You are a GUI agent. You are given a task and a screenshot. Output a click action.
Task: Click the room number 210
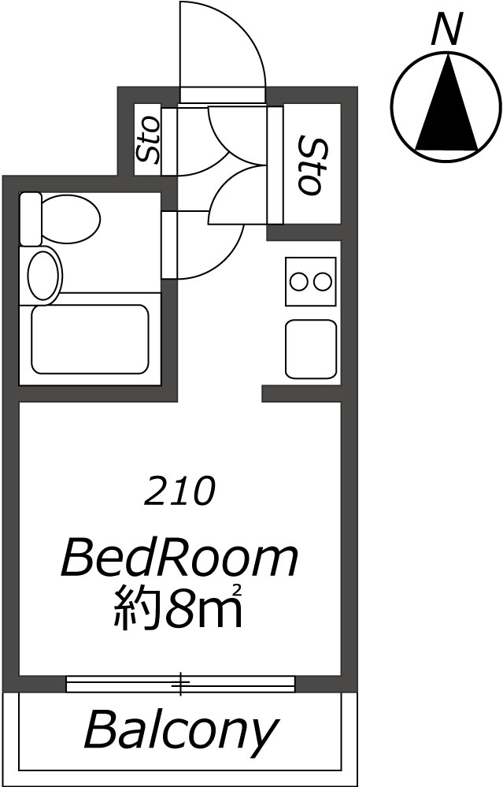click(x=179, y=491)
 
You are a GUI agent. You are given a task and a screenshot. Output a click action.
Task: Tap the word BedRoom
click(x=179, y=557)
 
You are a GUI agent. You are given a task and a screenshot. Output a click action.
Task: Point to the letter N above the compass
click(x=447, y=29)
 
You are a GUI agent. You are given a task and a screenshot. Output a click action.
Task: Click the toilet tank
click(x=30, y=219)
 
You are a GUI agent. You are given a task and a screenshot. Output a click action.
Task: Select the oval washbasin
click(x=43, y=276)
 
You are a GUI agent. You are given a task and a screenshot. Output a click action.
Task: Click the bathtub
click(x=91, y=340)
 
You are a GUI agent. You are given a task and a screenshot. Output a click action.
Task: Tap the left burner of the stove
click(x=299, y=281)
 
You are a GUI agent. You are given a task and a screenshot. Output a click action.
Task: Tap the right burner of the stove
click(x=322, y=281)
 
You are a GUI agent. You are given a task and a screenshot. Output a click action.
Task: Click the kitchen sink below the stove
click(x=310, y=349)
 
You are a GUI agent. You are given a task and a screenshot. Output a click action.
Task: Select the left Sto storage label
click(x=148, y=139)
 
